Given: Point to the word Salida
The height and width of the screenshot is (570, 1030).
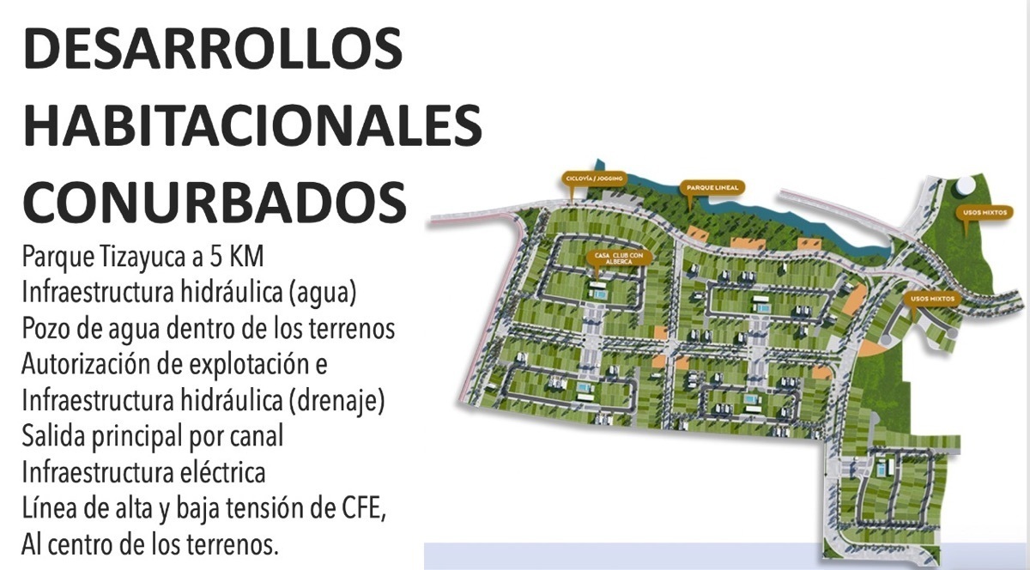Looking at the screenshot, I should (55, 437).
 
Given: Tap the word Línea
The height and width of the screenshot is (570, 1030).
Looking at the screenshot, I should (51, 509).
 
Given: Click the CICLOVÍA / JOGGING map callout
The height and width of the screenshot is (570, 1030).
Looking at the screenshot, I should (593, 179).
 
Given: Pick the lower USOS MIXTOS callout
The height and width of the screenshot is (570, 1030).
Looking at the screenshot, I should (930, 299).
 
